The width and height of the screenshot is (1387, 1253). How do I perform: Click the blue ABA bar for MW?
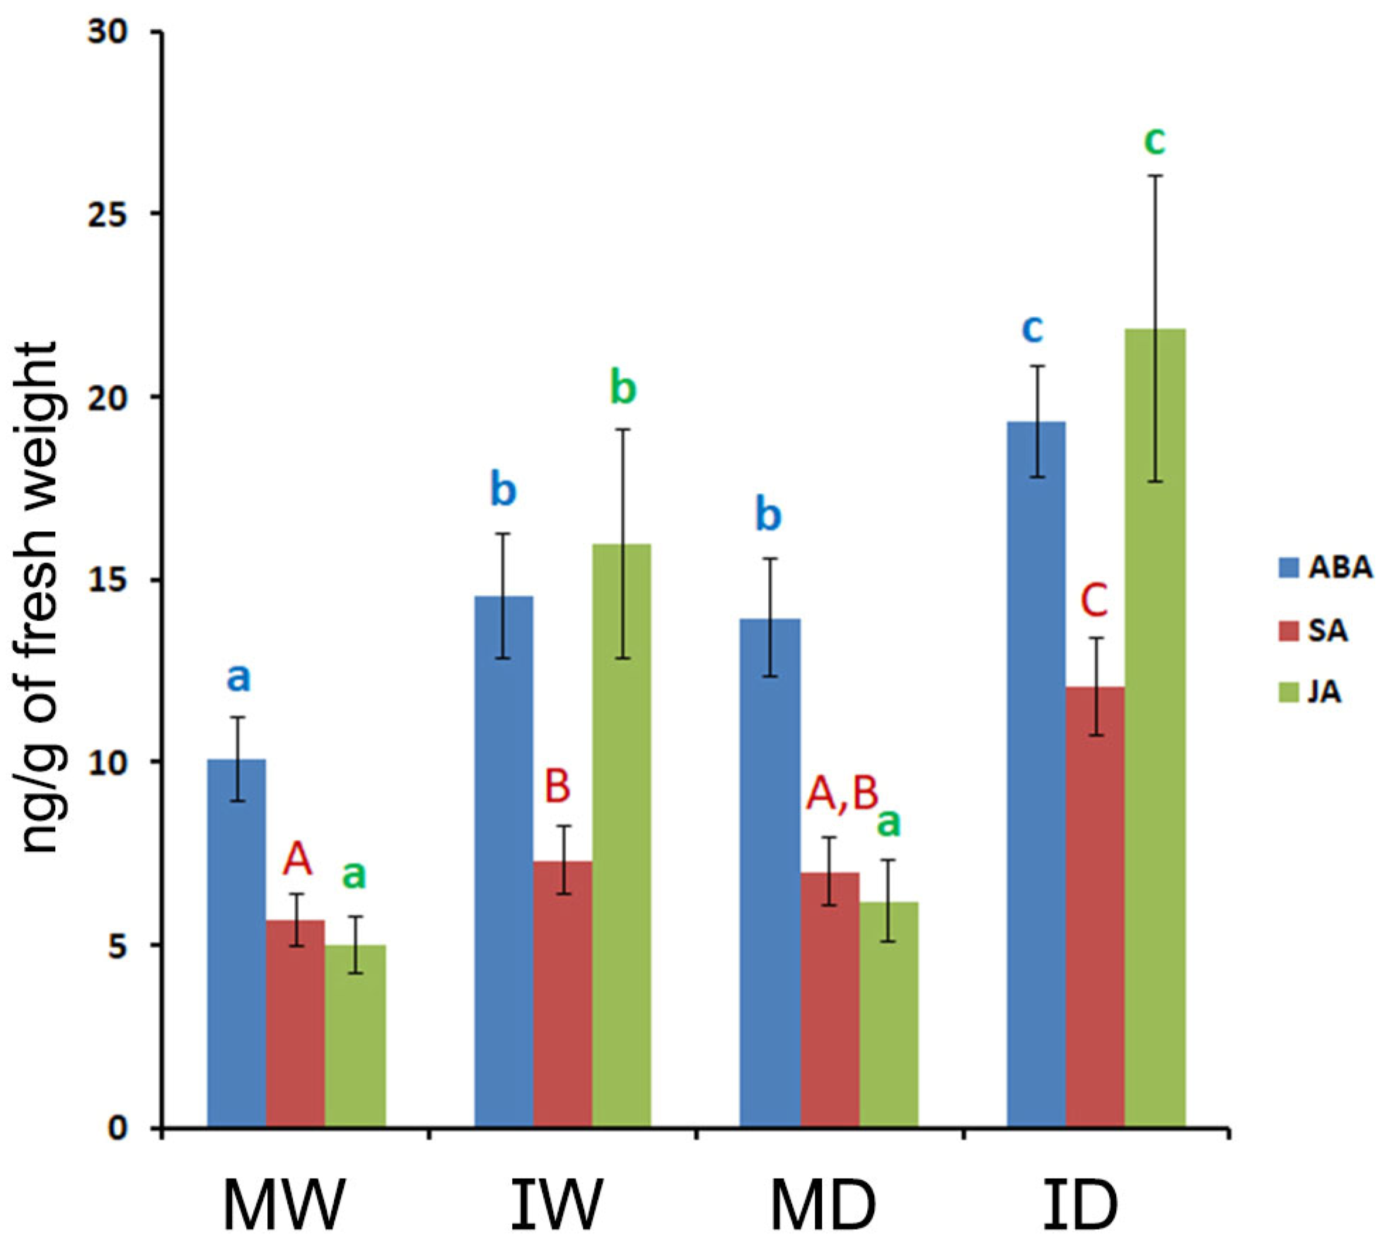point(236,945)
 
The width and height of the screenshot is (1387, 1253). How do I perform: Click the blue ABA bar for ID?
point(1035,775)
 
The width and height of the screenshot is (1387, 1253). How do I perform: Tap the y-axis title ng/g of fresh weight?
point(40,598)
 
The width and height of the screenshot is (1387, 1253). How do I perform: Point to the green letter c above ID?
point(1154,141)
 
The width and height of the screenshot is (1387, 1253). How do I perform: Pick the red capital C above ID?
point(1093,601)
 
